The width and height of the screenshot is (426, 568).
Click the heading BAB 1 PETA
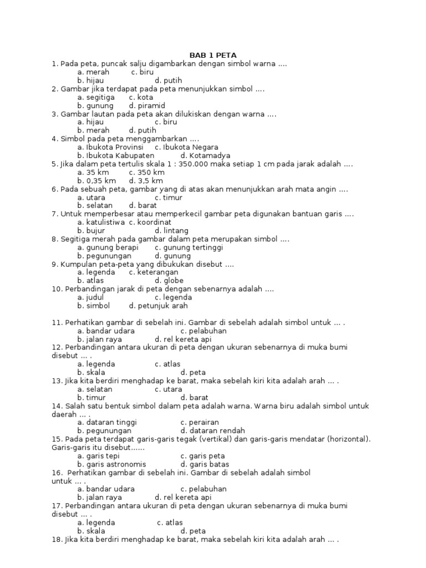click(213, 55)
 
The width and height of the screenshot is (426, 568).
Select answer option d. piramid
click(147, 105)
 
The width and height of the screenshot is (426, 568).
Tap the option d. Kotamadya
click(205, 155)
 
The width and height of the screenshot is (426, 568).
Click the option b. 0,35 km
click(97, 180)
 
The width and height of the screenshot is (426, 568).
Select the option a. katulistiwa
click(102, 222)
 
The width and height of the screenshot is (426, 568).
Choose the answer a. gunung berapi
click(108, 247)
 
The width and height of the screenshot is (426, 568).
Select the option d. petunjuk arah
click(158, 306)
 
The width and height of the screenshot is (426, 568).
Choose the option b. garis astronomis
click(111, 464)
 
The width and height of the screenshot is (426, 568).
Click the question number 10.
click(57, 289)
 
